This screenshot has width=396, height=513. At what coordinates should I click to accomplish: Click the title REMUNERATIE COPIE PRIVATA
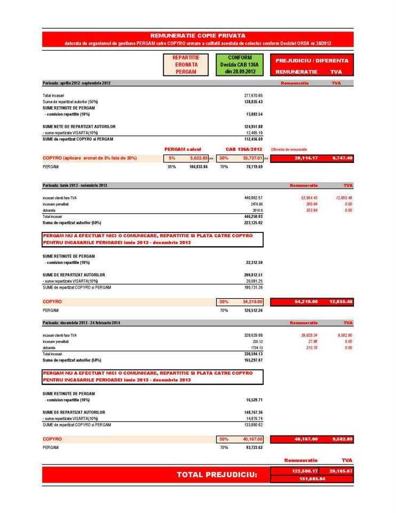[x=198, y=35]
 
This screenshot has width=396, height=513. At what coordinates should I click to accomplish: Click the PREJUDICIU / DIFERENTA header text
[x=312, y=61]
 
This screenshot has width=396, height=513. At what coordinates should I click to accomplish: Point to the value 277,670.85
[x=254, y=95]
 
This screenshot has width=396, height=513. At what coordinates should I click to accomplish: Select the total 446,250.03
[x=254, y=216]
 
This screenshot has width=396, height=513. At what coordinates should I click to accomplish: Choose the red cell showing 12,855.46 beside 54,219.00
[x=342, y=302]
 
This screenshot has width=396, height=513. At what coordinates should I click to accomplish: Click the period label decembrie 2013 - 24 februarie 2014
[x=82, y=323]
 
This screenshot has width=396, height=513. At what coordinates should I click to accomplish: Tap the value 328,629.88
[x=254, y=335]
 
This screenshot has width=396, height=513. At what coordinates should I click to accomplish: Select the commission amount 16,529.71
[x=254, y=400]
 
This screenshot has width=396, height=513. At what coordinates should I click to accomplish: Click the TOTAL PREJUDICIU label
[x=217, y=475]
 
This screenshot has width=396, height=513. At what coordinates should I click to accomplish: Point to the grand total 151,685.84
[x=312, y=479]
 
